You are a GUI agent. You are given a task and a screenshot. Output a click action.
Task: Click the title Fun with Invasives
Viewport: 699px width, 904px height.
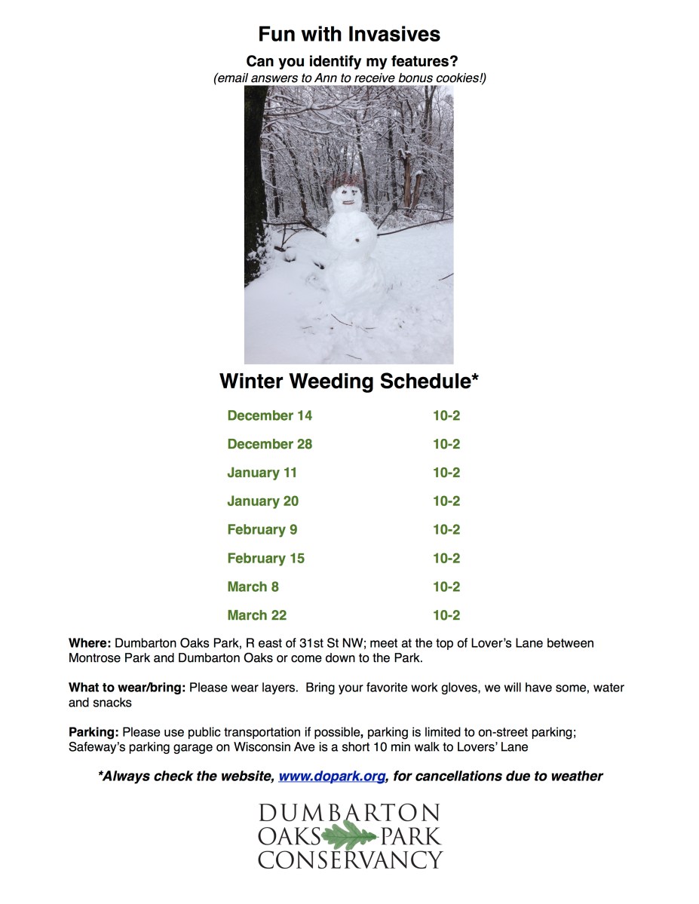coord(349,34)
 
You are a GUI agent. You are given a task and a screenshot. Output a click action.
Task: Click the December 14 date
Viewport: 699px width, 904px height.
coord(269,415)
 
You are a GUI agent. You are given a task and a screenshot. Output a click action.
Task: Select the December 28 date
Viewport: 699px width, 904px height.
coord(269,444)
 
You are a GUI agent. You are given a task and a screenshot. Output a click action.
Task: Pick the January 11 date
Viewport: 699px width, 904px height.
coord(262,473)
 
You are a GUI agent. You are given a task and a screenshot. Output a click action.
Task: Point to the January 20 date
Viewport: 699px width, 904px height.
coord(262,501)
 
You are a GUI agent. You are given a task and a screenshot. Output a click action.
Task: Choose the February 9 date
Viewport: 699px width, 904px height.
coord(262,530)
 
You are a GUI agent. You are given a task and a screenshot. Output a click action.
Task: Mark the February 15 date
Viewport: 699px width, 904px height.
coord(265,559)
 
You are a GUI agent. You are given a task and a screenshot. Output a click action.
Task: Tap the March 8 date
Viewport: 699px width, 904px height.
coord(253,587)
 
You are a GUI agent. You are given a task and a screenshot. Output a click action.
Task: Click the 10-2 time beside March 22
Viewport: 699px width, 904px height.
coord(446,615)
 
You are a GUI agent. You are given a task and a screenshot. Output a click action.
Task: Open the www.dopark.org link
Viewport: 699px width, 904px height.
coord(332,776)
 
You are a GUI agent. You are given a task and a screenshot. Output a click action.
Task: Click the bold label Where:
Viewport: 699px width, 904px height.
coord(90,643)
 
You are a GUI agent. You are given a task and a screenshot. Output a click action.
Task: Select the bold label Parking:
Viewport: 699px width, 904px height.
coord(94,732)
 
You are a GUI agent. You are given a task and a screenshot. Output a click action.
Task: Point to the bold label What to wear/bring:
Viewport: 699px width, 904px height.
coord(127,688)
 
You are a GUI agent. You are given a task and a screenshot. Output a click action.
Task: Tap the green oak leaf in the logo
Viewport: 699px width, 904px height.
coord(350,836)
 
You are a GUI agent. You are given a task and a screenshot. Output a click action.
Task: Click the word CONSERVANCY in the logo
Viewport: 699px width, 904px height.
coord(350,860)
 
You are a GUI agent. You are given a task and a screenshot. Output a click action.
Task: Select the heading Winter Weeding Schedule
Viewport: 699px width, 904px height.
coord(349,381)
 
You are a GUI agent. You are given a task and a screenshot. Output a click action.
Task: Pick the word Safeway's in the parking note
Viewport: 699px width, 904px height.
coord(95,747)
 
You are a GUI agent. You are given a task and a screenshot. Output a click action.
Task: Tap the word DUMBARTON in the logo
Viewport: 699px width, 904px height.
coord(350,813)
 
